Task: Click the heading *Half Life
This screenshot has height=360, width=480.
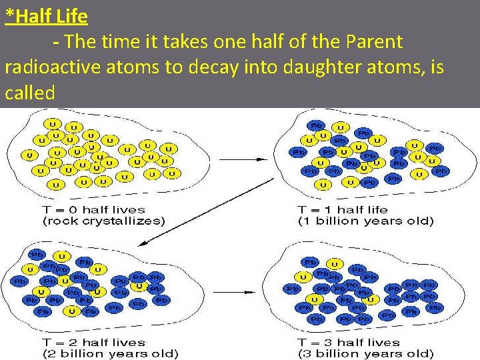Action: [x=46, y=15]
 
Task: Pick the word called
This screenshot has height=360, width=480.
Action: [x=29, y=93]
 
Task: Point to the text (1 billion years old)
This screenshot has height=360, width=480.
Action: [x=365, y=221]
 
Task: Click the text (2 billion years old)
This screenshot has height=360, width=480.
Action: [x=111, y=353]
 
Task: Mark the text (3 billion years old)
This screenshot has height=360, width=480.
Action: [x=365, y=353]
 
